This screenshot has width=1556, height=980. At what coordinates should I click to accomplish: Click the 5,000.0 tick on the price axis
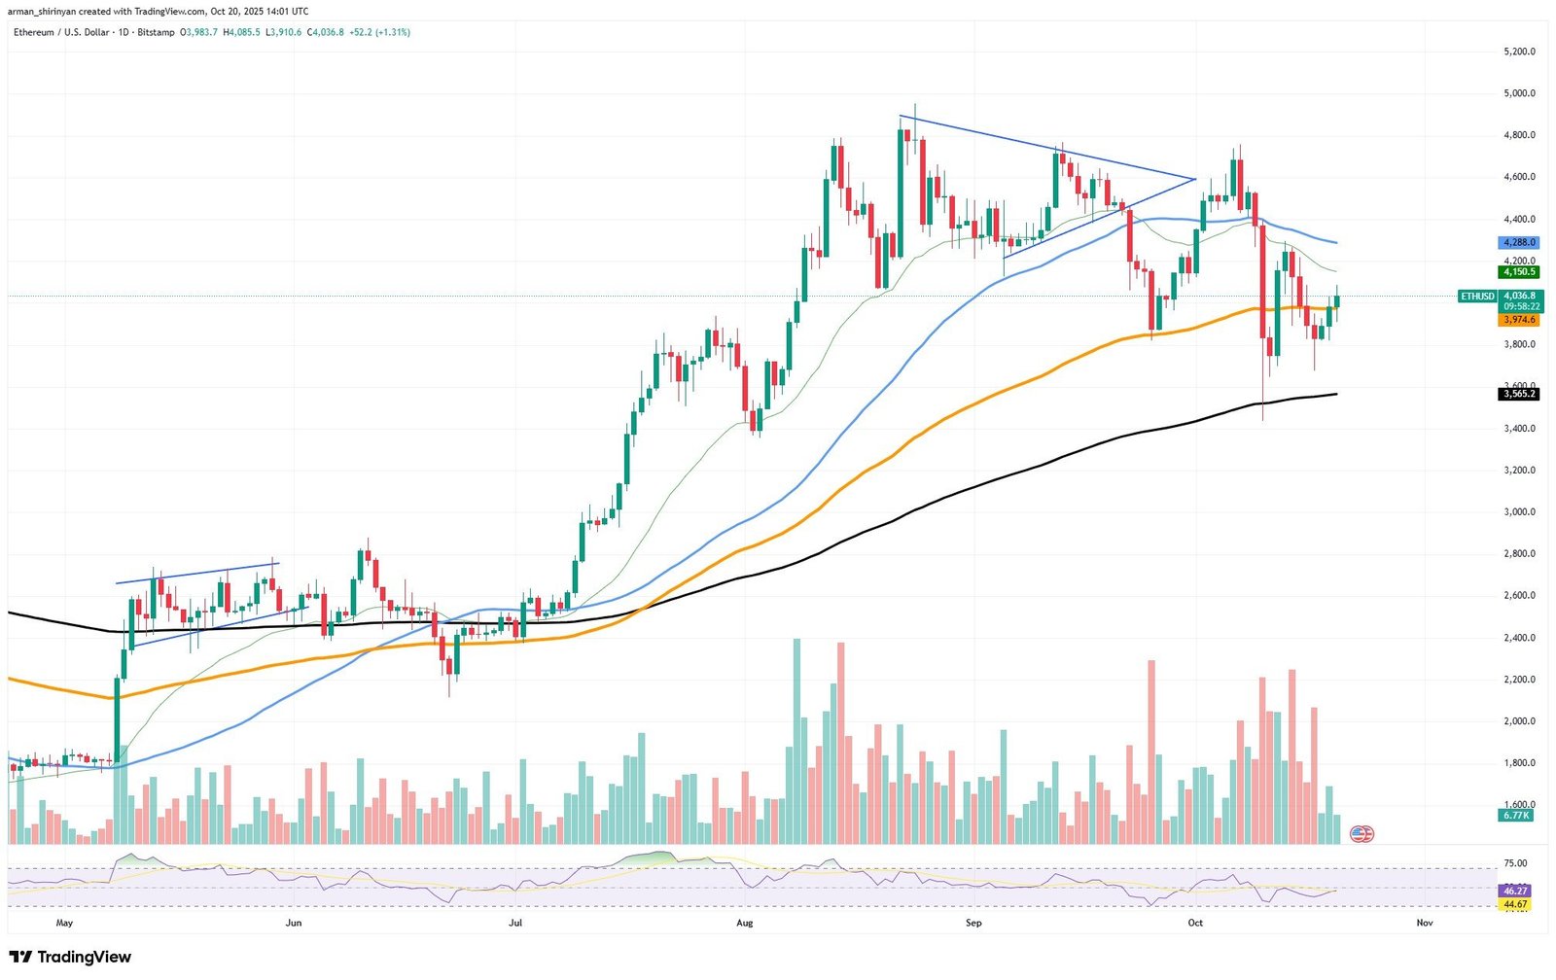tap(1519, 93)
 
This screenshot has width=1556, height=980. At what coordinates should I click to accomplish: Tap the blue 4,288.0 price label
tap(1519, 242)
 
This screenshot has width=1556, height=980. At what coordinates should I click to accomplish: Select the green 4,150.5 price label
tap(1519, 272)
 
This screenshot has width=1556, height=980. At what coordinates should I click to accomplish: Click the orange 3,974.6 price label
tap(1519, 320)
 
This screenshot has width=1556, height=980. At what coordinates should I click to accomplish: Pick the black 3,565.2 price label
tap(1519, 394)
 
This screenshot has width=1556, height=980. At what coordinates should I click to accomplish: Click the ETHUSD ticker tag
tap(1477, 296)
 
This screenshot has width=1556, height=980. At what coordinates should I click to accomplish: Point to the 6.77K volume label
tap(1516, 816)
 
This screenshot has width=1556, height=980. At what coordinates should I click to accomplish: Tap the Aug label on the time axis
tap(745, 923)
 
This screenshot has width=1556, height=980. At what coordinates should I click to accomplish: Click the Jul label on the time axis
tap(515, 923)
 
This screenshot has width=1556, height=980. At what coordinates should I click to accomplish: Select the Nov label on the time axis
tap(1424, 923)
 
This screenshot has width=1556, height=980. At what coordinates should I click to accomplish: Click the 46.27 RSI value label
tap(1515, 891)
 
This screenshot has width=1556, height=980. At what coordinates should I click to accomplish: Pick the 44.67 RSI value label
tap(1515, 904)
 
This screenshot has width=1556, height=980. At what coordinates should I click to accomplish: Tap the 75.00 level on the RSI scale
tap(1515, 863)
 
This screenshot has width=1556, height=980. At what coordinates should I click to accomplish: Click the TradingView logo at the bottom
tap(70, 957)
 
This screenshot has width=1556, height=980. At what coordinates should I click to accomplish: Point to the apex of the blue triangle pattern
tap(1194, 179)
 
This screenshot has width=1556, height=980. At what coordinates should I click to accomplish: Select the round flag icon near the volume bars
tap(1361, 833)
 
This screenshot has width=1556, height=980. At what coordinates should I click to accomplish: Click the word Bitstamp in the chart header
tap(158, 32)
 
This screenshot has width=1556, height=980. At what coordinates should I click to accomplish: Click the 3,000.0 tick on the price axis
tap(1519, 511)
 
